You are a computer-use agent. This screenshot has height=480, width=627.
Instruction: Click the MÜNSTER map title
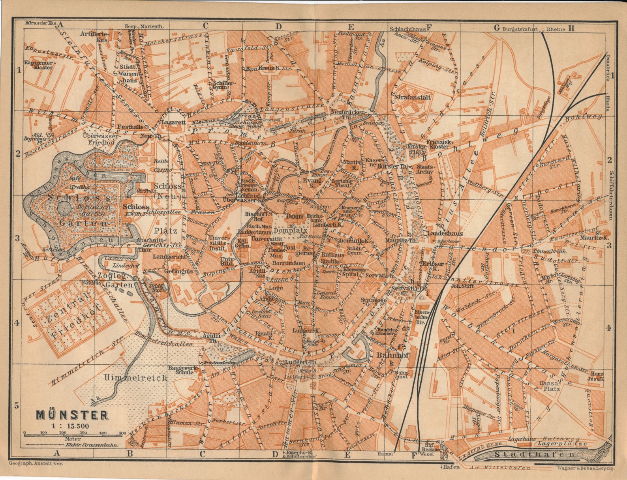click(x=72, y=415)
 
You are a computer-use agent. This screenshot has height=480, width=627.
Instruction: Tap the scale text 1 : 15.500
click(x=70, y=426)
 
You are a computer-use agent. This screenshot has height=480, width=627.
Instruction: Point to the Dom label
click(x=295, y=216)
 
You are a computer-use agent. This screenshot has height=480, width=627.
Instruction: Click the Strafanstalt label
click(x=413, y=97)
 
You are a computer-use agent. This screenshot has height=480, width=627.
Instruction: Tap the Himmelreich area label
click(x=136, y=378)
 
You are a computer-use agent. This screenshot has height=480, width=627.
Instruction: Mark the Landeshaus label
click(x=445, y=233)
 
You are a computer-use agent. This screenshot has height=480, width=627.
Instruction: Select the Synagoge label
click(x=373, y=300)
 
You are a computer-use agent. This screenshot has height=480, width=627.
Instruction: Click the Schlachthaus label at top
click(x=407, y=28)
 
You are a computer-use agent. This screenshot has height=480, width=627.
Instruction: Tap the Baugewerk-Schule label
click(x=182, y=370)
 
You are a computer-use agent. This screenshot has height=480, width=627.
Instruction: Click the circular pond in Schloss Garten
click(x=63, y=207)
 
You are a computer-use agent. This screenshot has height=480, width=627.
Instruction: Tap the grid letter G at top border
click(x=497, y=28)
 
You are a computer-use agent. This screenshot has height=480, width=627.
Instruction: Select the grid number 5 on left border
click(x=17, y=405)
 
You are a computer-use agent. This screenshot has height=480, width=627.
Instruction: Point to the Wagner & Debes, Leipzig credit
click(x=586, y=468)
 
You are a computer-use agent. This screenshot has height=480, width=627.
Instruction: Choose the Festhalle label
click(x=131, y=127)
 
